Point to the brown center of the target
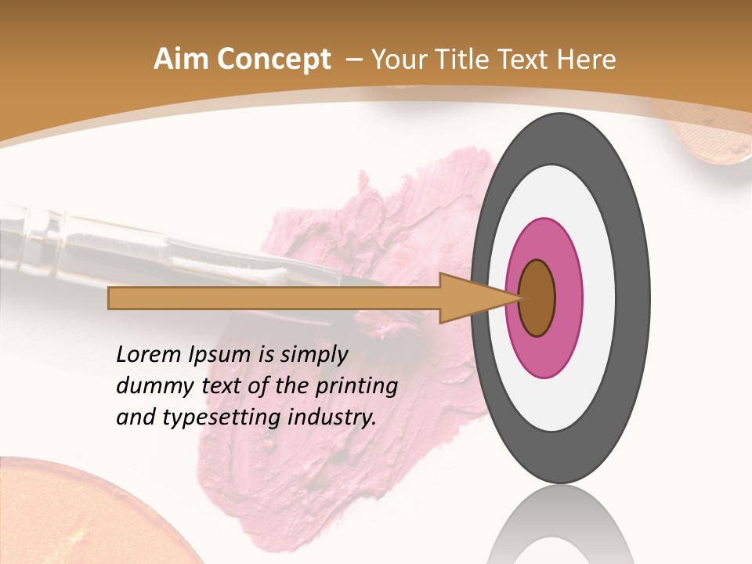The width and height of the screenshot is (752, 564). pos(537,298)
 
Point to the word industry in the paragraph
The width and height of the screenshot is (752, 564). pos(332,418)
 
